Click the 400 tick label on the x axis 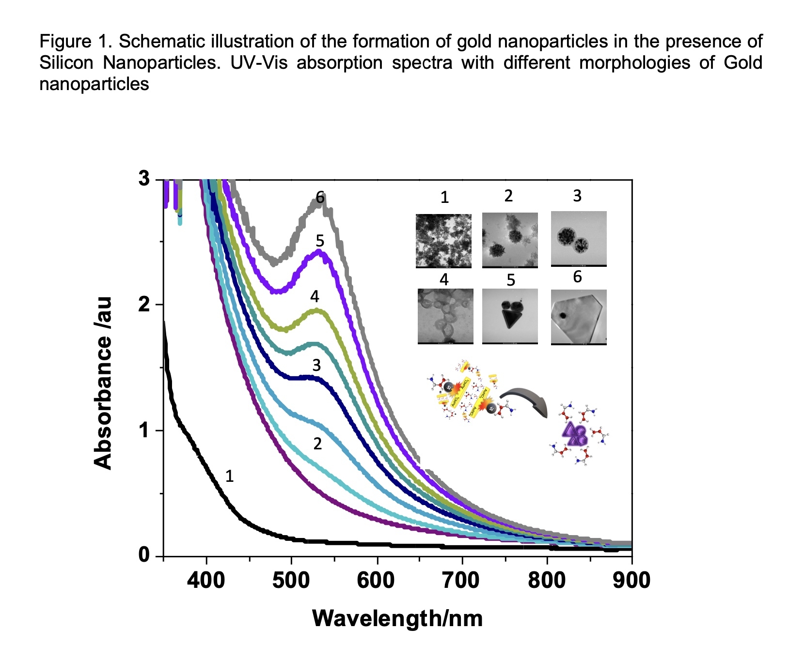(x=206, y=580)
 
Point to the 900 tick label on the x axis (x=631, y=580)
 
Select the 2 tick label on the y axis (x=143, y=305)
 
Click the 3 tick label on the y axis (x=143, y=179)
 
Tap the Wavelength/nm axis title (x=397, y=618)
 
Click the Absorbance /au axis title (x=103, y=383)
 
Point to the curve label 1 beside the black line (x=230, y=476)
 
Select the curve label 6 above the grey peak (x=320, y=197)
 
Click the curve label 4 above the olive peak (x=315, y=296)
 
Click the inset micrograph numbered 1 (x=443, y=241)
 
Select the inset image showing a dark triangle (x=510, y=317)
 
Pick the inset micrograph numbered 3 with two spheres (x=579, y=239)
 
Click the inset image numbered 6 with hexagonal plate (x=579, y=317)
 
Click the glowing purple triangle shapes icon (x=575, y=433)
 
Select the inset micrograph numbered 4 (x=445, y=317)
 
